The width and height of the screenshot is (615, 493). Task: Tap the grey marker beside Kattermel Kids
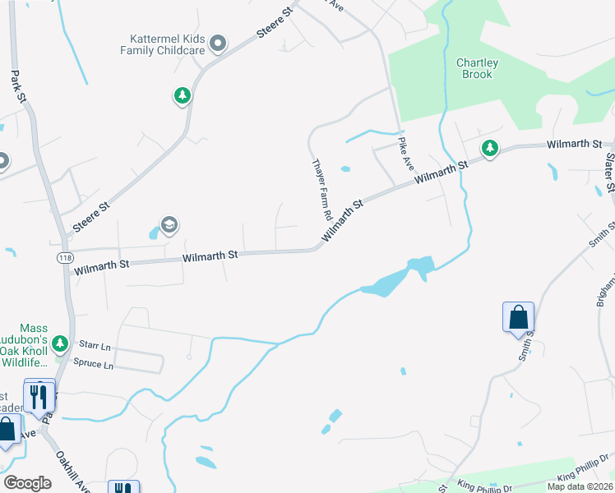pos(218,43)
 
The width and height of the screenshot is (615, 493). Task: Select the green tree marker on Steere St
pos(182,96)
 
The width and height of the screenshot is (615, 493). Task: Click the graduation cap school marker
pos(169,225)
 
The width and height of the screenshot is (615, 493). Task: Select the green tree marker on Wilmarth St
pos(490,148)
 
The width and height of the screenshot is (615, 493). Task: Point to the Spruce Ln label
pos(93,362)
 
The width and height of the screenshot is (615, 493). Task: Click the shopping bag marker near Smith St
pos(519,317)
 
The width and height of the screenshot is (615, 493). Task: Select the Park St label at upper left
pos(19,85)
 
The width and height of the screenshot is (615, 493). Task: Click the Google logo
pos(27,483)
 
